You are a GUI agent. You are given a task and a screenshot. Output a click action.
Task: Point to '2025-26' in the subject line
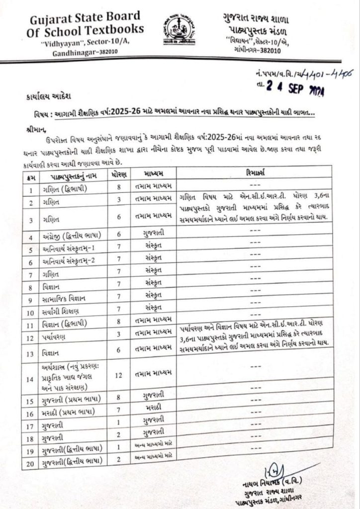coord(131,113)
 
